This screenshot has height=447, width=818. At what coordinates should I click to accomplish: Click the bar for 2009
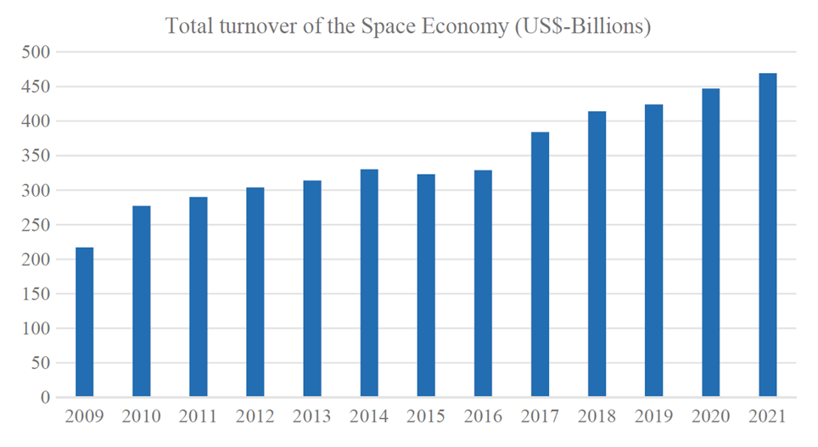pyautogui.click(x=84, y=322)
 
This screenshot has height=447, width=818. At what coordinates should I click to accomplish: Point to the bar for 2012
pyautogui.click(x=255, y=292)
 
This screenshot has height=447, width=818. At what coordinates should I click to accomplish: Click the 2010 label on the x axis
pyautogui.click(x=141, y=417)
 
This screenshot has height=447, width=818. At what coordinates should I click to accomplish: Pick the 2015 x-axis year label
pyautogui.click(x=426, y=417)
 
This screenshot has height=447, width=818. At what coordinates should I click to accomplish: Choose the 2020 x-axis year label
pyautogui.click(x=710, y=417)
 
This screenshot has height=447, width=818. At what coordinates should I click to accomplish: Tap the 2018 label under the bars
pyautogui.click(x=597, y=417)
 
